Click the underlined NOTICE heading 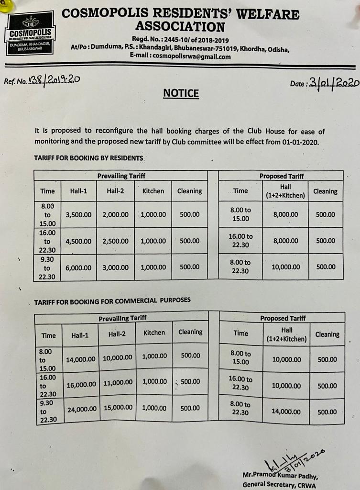(x=180, y=93)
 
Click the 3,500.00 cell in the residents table (x=78, y=214)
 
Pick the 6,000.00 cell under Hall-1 (x=78, y=267)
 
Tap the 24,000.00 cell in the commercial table (x=81, y=409)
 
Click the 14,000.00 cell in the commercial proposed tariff (x=285, y=411)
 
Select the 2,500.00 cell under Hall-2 (x=115, y=241)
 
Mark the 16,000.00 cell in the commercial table (x=81, y=384)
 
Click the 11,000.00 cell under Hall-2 (x=117, y=382)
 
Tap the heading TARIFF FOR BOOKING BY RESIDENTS (x=88, y=157)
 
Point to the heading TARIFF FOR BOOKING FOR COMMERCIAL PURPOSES (x=112, y=300)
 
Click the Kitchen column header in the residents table (x=153, y=191)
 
